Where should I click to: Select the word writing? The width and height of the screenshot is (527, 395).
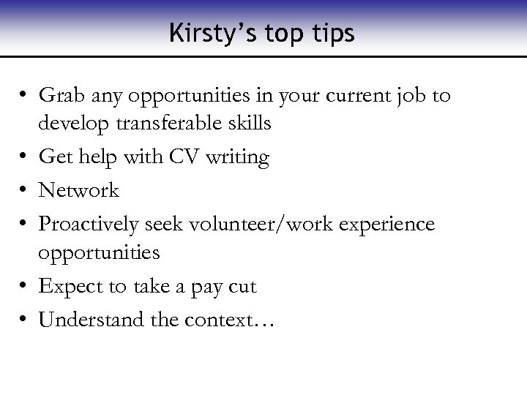coord(239,157)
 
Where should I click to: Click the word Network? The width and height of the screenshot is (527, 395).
coord(78,191)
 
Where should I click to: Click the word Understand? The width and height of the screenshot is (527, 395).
coord(87,320)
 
